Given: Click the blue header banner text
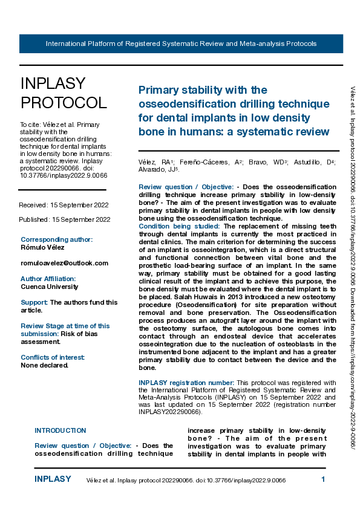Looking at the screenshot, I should (181, 44).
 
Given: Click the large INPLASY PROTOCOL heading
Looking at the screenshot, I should (64, 93).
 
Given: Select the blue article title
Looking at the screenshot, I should (234, 111).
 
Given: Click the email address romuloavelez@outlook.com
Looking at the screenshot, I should (64, 263).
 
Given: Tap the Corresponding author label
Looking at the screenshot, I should (57, 239).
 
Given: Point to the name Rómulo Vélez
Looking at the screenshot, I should (43, 247).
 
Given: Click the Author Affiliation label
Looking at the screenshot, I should (48, 279).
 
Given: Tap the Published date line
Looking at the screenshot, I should (64, 219).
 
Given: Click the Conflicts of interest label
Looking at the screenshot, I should (53, 357).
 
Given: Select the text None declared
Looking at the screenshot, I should (45, 365).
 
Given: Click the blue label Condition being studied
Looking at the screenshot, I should (180, 226).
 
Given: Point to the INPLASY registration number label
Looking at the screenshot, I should (186, 383).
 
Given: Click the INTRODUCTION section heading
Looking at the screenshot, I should (61, 430).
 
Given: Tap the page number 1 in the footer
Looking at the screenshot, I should (323, 479).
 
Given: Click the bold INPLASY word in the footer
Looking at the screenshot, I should (53, 479).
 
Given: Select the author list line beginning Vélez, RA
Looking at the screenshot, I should (237, 166).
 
